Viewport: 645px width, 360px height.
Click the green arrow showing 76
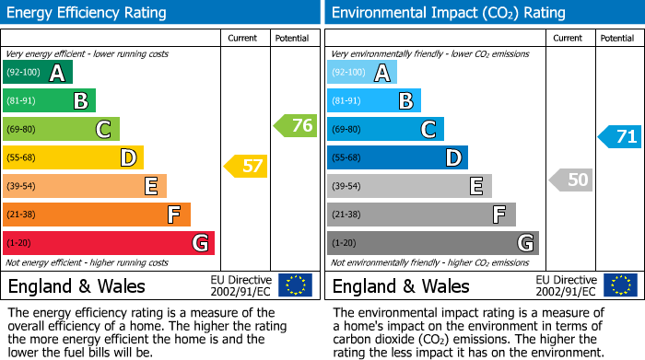[296, 126]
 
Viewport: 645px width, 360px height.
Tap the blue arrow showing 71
[620, 137]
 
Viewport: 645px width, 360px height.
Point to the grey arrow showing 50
[570, 180]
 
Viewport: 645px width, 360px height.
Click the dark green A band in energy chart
[38, 73]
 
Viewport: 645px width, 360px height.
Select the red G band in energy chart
[109, 243]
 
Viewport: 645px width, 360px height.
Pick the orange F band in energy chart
[97, 215]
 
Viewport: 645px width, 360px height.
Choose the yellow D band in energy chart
[73, 157]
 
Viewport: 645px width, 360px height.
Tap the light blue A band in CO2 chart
[362, 73]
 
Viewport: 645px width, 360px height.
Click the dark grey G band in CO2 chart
[433, 243]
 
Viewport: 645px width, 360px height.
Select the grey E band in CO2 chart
[409, 186]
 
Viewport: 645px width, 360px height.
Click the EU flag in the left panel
[295, 285]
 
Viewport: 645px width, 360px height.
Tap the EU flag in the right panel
[619, 285]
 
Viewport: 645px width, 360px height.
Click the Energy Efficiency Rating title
[88, 13]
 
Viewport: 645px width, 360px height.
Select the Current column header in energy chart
[244, 38]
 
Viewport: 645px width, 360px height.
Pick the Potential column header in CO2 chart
[616, 38]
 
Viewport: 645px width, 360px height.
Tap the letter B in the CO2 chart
[405, 101]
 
